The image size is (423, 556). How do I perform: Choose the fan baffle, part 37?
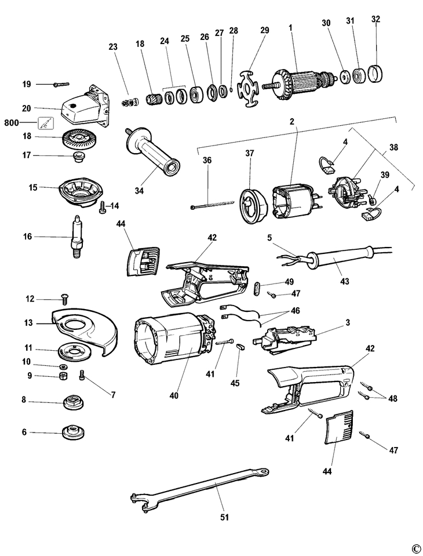[x=253, y=205]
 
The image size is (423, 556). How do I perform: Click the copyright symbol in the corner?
[x=415, y=548]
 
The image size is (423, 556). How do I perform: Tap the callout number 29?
[x=264, y=30]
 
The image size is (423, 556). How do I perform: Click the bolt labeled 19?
[x=60, y=84]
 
